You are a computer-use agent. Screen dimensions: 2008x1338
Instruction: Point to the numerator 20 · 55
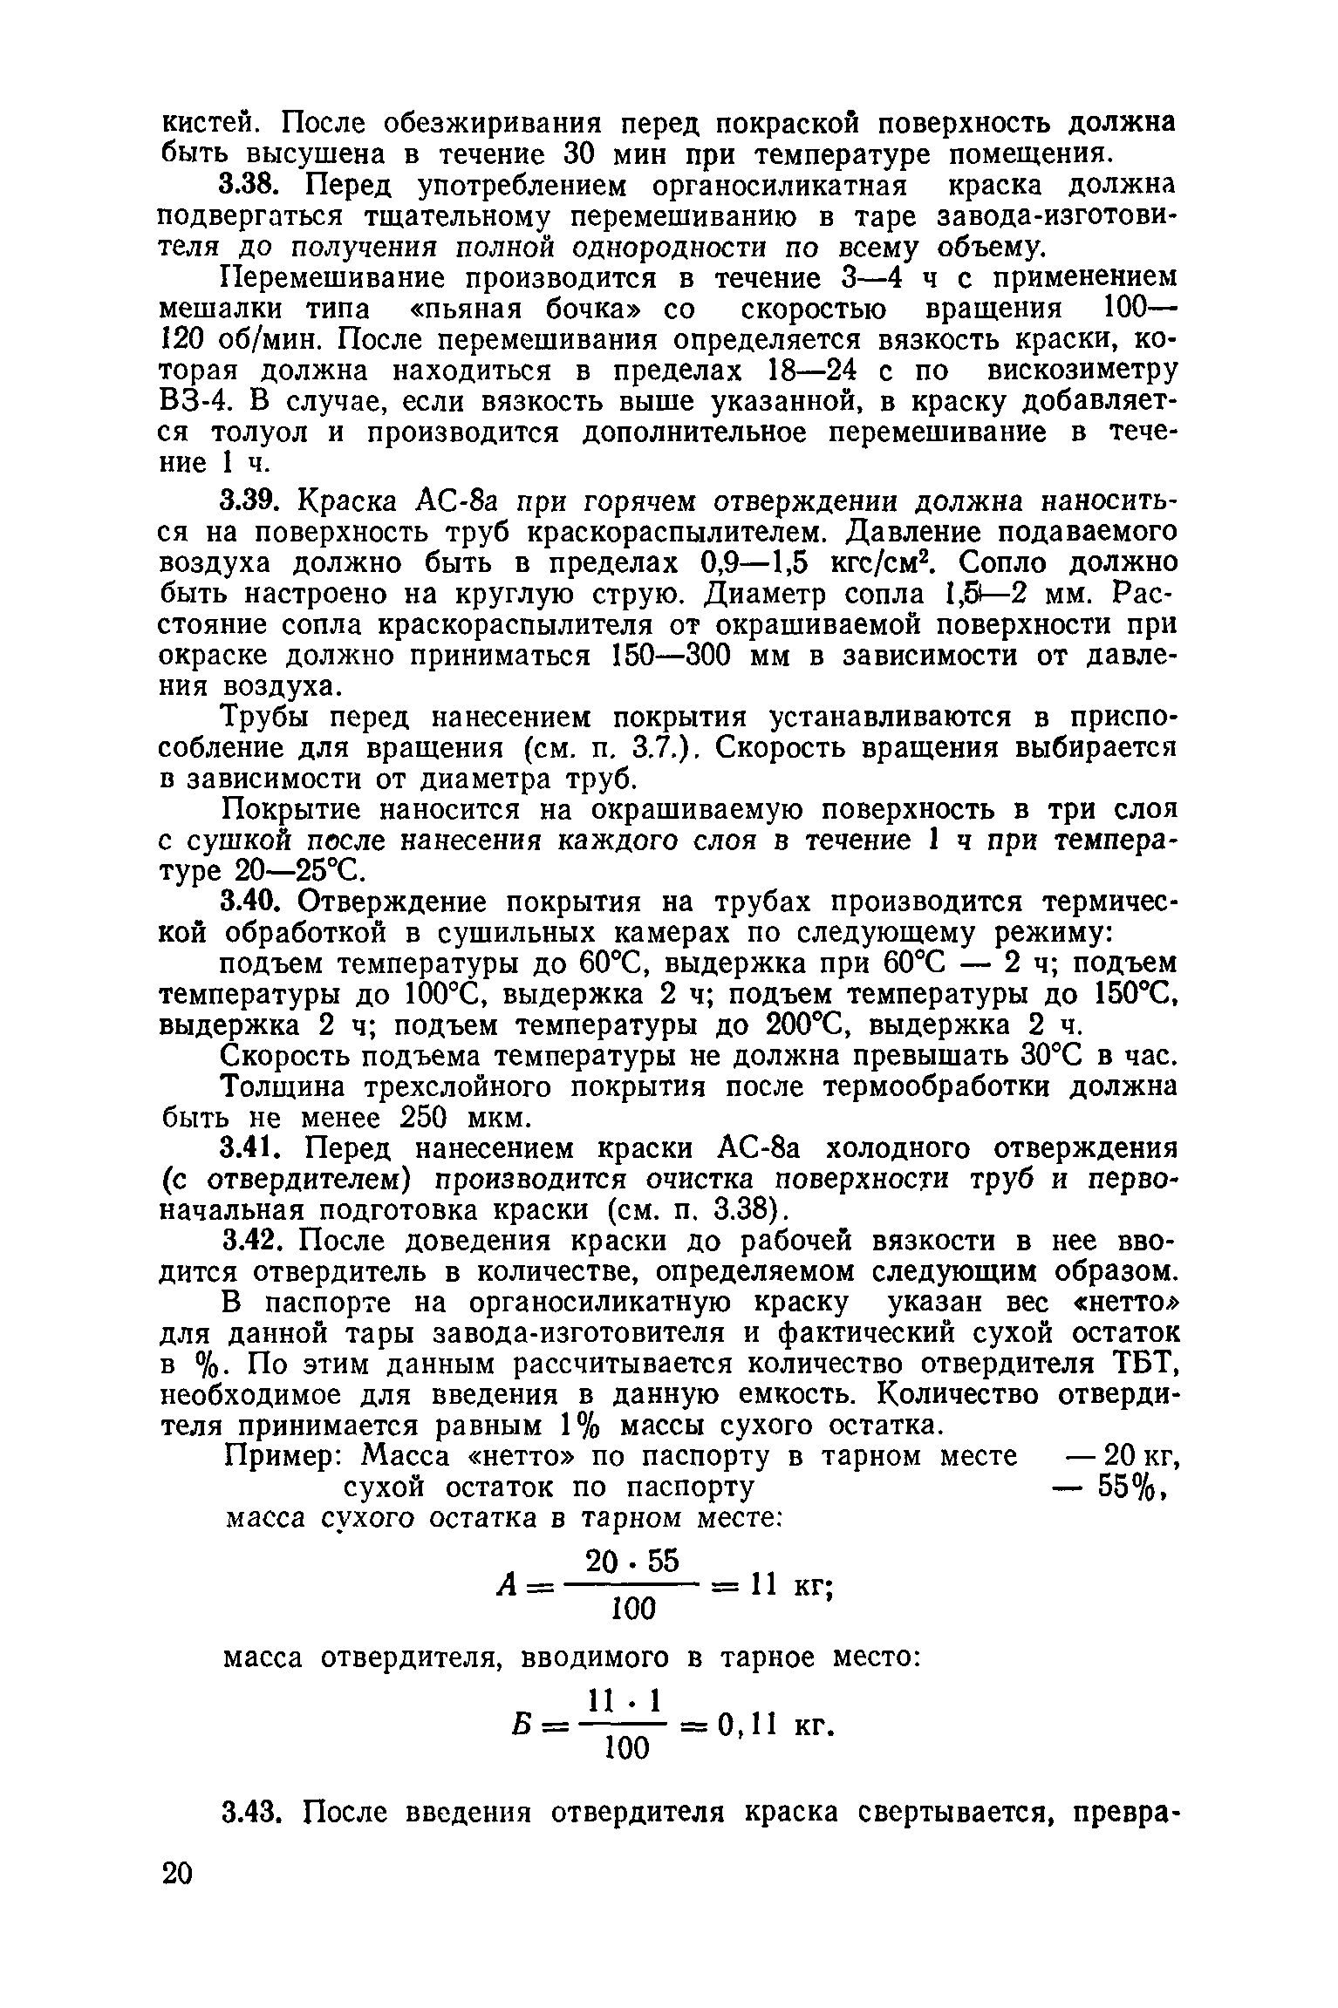(x=632, y=1561)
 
